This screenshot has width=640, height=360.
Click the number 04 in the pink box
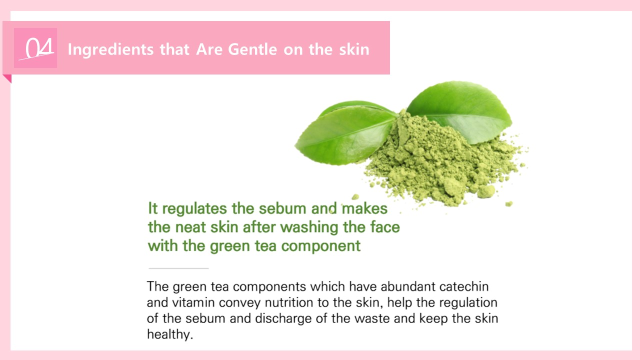click(x=39, y=48)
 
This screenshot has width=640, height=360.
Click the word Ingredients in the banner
click(x=111, y=49)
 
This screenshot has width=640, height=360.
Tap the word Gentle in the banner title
click(x=252, y=49)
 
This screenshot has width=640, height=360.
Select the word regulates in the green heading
click(x=194, y=209)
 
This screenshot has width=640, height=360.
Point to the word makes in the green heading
click(x=364, y=208)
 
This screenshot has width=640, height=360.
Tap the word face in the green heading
click(x=385, y=227)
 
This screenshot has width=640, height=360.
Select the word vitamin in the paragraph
click(x=193, y=302)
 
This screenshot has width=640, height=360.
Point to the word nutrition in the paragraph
click(x=289, y=302)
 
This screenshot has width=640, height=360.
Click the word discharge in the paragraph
click(x=283, y=319)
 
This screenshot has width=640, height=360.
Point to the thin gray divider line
click(x=178, y=268)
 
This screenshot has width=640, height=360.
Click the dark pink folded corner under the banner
click(x=8, y=77)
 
